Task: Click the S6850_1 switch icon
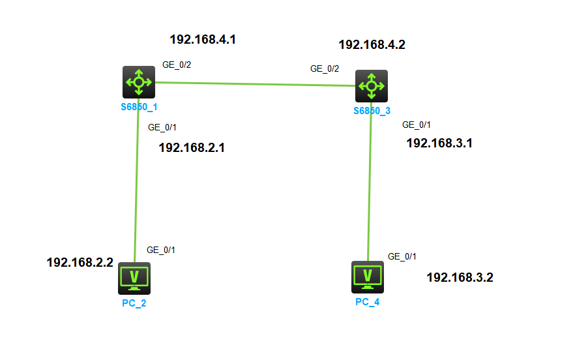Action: point(139,82)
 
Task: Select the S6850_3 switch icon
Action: point(372,85)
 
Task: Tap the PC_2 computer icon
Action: point(134,278)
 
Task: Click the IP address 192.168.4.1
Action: point(203,39)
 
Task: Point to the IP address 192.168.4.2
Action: point(372,45)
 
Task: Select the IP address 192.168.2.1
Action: point(192,147)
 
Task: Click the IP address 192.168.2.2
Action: point(80,262)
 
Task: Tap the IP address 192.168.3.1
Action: point(439,143)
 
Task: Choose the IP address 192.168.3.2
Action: point(460,277)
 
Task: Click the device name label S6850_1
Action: point(139,106)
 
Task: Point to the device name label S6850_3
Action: point(372,110)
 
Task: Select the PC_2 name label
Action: point(134,303)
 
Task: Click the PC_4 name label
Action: point(368,302)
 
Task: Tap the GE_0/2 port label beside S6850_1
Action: point(176,65)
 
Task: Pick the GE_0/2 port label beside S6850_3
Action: point(324,68)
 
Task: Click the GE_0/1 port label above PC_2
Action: point(161,250)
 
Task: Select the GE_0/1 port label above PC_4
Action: point(402,256)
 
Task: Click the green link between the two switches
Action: point(254,83)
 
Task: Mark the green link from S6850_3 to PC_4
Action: point(370,183)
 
